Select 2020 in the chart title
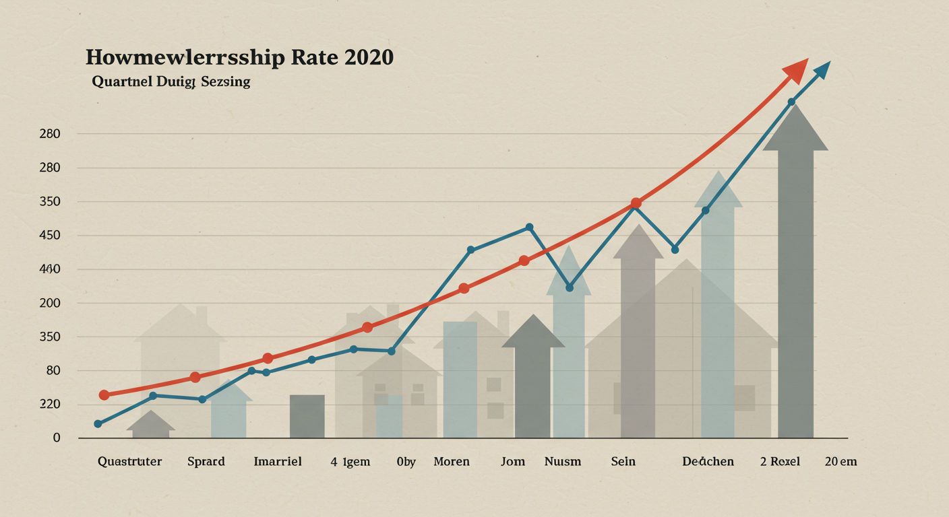[368, 58]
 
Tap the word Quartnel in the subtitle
[116, 82]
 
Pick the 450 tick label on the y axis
[51, 236]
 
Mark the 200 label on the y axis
[51, 303]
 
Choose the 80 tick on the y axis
[53, 370]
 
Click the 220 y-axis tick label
[51, 404]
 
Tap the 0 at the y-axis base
[57, 438]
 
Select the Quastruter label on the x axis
[129, 462]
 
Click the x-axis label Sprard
[206, 462]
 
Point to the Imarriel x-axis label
[278, 462]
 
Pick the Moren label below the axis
[452, 462]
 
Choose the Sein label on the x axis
[623, 462]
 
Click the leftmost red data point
[104, 395]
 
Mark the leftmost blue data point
[98, 423]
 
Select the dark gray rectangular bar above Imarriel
[307, 416]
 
